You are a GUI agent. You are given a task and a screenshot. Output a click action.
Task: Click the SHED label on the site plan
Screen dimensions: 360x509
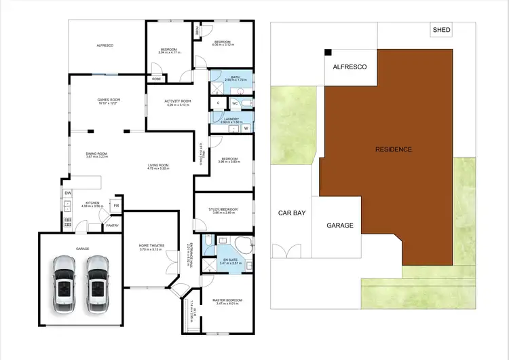(442, 30)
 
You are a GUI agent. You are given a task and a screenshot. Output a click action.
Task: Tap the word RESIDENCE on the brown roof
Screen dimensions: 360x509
(394, 149)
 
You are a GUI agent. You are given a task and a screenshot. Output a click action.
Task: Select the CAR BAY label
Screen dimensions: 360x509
(292, 213)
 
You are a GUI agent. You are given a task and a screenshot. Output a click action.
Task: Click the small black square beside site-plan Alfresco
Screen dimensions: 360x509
(328, 52)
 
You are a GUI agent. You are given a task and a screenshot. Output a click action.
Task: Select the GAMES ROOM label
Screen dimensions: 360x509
(109, 100)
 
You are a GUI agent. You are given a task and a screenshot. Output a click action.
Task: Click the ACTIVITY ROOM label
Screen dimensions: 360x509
(178, 101)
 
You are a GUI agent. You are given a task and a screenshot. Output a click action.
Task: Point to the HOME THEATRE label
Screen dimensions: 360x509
(151, 246)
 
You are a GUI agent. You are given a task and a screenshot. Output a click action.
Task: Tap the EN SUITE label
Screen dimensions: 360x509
(231, 259)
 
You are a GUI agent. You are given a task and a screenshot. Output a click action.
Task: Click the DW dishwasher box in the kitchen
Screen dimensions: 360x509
(68, 193)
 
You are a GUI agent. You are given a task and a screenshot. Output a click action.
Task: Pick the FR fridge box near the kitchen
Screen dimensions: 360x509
(116, 205)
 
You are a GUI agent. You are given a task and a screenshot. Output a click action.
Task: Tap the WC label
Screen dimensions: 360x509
(236, 104)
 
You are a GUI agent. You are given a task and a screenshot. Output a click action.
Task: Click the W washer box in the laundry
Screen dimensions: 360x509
(246, 127)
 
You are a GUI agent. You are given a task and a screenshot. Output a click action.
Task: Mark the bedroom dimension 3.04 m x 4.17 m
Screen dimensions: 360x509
(169, 53)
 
